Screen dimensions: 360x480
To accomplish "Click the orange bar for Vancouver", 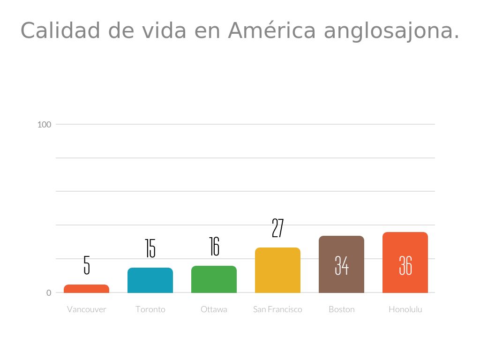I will point(86,289).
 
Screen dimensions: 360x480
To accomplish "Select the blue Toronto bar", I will point(150,280).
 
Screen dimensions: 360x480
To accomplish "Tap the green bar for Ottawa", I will point(214,279).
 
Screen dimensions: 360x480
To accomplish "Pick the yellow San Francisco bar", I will point(277,270).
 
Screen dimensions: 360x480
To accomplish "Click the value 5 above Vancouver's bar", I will point(87,265).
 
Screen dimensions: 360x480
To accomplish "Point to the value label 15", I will point(150,248).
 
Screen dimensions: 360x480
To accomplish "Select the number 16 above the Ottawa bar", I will point(214,247).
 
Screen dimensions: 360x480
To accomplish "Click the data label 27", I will point(277,228).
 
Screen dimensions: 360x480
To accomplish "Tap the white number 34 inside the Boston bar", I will point(342,266).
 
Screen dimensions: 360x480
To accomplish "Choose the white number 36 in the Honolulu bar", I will point(405,266).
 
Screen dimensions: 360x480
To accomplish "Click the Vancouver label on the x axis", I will point(87,309).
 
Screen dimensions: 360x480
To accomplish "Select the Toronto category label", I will point(150,309).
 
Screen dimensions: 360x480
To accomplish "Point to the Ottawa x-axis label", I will point(214,309).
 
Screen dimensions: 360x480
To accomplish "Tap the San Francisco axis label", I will point(277,309).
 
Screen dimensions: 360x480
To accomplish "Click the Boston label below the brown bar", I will point(342,309).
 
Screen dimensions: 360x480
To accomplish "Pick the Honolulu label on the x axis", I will point(405,309).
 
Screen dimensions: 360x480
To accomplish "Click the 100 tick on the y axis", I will point(45,124).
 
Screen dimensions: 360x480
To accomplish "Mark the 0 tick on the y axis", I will point(49,293).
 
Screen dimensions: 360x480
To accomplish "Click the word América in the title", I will point(272,31).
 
